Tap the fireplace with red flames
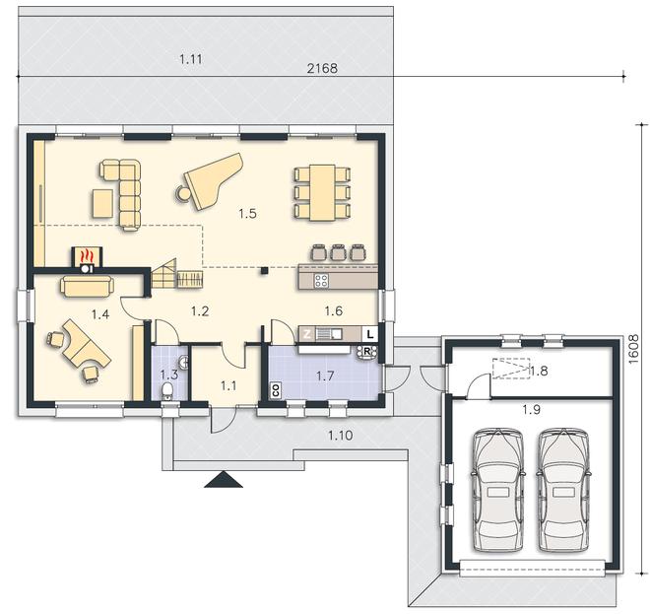click(x=87, y=260)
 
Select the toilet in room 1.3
click(x=167, y=391)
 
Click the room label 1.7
click(x=325, y=375)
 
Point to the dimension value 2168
click(x=322, y=68)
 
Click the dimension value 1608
click(x=634, y=349)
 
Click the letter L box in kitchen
click(x=370, y=334)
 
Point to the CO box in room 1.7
click(x=275, y=390)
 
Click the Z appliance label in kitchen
click(x=306, y=334)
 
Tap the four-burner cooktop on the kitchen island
click(x=321, y=281)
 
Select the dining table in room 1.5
click(x=323, y=192)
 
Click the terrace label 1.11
click(x=191, y=59)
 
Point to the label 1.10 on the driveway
click(x=341, y=436)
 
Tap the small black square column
click(x=264, y=271)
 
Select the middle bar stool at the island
click(x=338, y=252)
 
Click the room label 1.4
click(x=100, y=314)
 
